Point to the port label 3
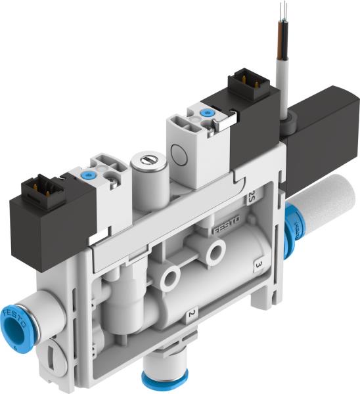point(258,266)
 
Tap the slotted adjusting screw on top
point(145,159)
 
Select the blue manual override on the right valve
point(209,114)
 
